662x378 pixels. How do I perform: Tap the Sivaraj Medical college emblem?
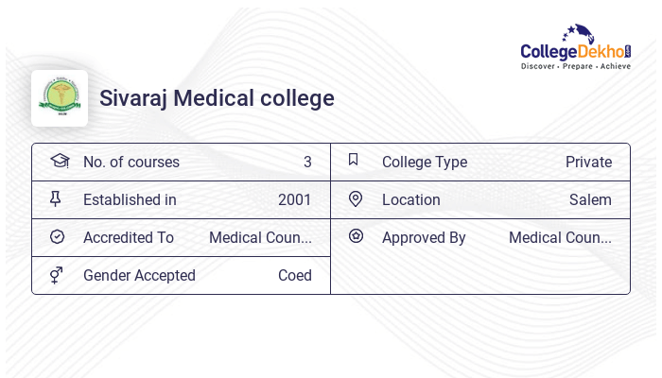60,97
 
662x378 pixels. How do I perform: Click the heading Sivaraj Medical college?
217,98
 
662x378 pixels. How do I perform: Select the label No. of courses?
131,162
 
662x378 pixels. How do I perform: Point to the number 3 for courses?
307,162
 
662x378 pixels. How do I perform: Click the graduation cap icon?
60,161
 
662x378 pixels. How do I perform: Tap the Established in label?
130,199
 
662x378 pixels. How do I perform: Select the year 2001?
294,199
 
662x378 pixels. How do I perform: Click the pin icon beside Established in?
55,198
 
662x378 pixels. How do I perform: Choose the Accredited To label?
129,237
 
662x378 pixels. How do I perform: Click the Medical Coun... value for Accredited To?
260,237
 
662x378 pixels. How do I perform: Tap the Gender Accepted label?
139,275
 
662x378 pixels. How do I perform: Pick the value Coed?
294,275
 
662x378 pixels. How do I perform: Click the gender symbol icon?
57,274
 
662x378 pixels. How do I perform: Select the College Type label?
424,162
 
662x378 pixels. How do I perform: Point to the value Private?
588,162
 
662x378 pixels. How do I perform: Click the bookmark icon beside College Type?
353,160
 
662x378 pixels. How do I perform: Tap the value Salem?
590,199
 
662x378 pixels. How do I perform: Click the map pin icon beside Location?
356,198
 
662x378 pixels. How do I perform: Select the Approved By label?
424,237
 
